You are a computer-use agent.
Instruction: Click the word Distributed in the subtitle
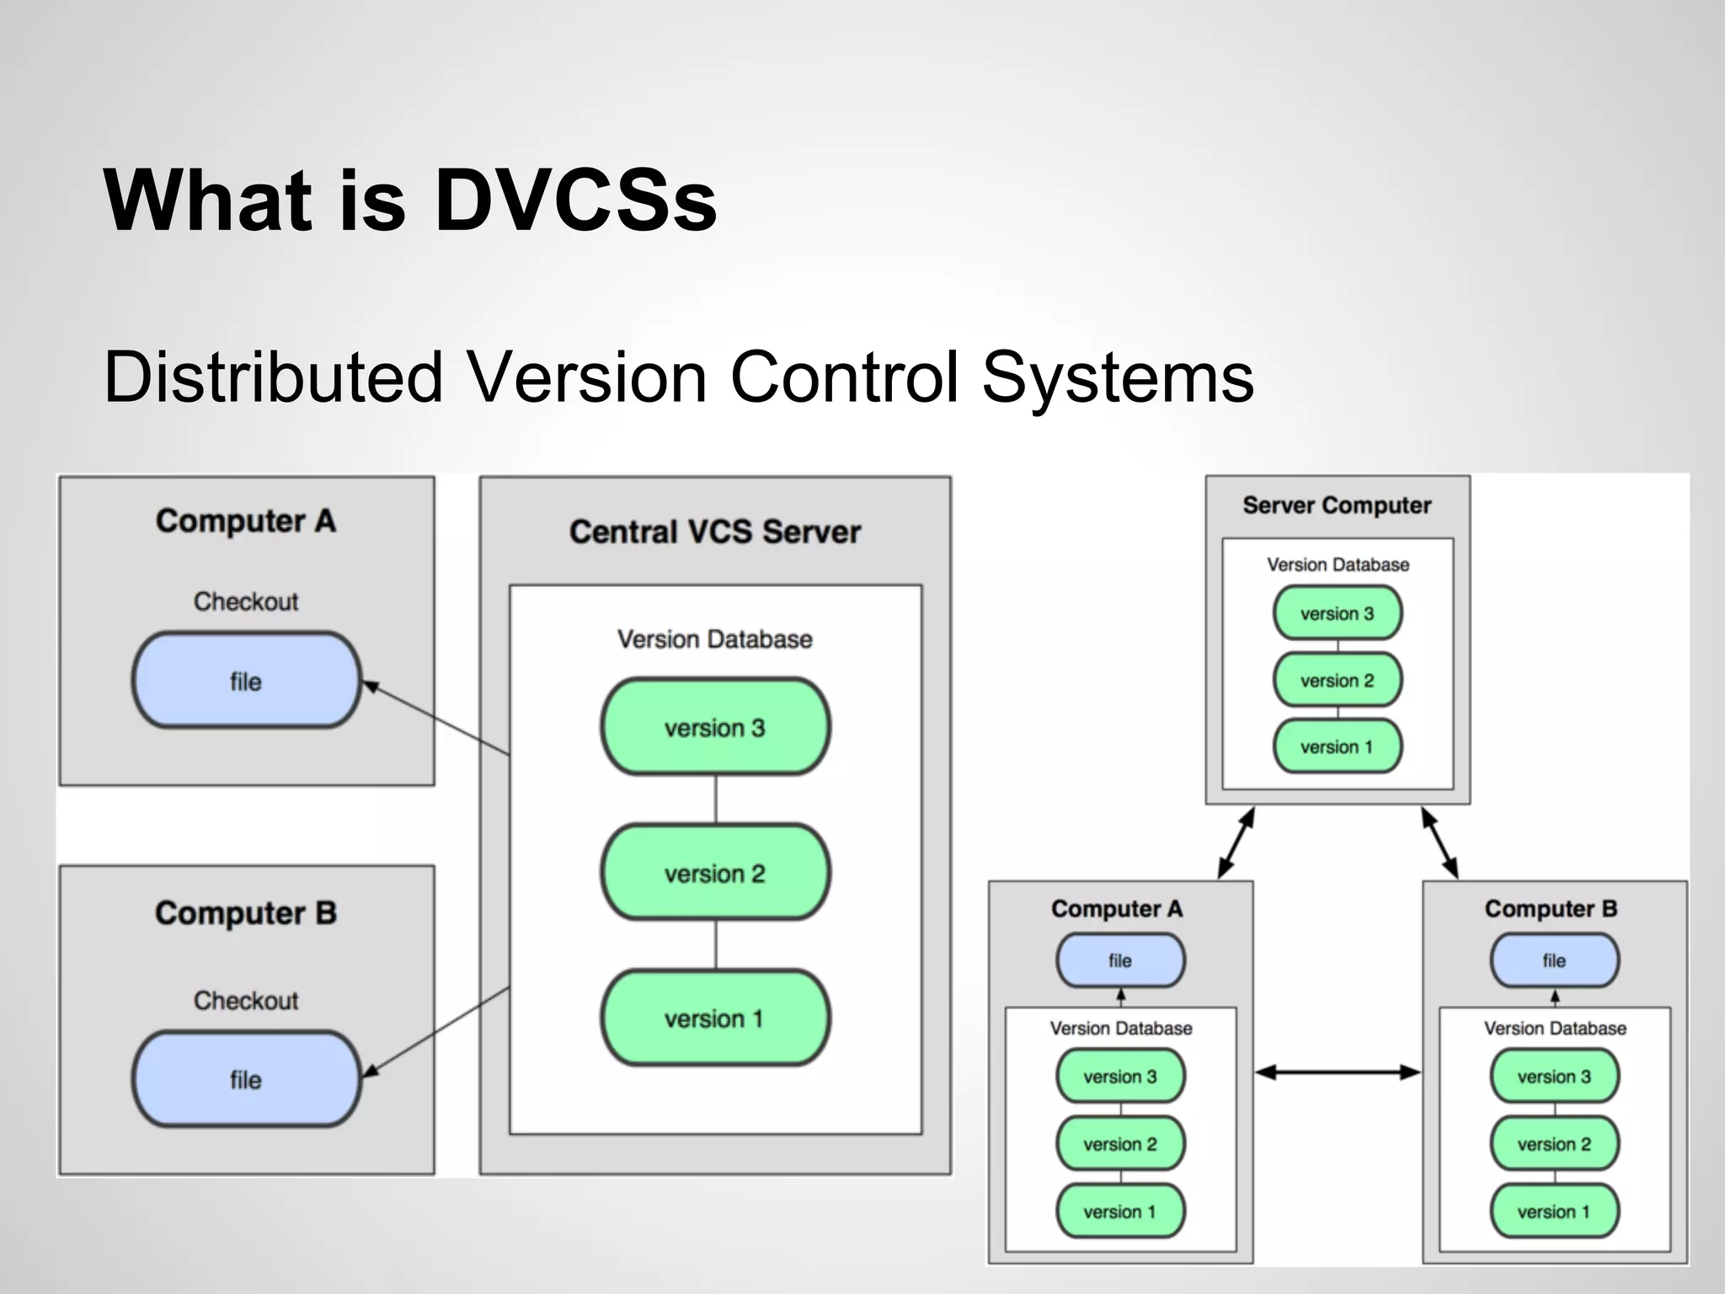coord(273,377)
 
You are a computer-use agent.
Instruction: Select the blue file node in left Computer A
coord(246,681)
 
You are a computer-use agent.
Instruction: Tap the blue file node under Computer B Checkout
coord(246,1079)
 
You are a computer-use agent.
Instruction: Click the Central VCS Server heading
coord(714,532)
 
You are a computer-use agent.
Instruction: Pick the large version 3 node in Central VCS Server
coord(715,727)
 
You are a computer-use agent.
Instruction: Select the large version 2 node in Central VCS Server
coord(715,873)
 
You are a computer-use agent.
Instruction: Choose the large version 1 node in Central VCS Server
coord(715,1019)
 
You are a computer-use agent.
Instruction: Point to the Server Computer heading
coord(1337,505)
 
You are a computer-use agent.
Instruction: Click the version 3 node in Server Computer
coord(1337,613)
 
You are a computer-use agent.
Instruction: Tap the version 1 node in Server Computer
coord(1337,746)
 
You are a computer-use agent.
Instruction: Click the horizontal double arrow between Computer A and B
coord(1338,1072)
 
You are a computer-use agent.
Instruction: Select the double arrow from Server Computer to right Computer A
coord(1236,842)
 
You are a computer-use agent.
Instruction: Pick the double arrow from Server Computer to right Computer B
coord(1439,842)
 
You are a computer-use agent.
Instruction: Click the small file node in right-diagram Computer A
coord(1120,960)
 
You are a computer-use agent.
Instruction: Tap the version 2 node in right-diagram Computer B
coord(1554,1144)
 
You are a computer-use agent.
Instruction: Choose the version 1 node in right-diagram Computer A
coord(1120,1211)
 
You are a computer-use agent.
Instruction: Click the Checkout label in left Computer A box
coord(246,602)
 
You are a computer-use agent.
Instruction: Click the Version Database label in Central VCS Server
coord(714,639)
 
